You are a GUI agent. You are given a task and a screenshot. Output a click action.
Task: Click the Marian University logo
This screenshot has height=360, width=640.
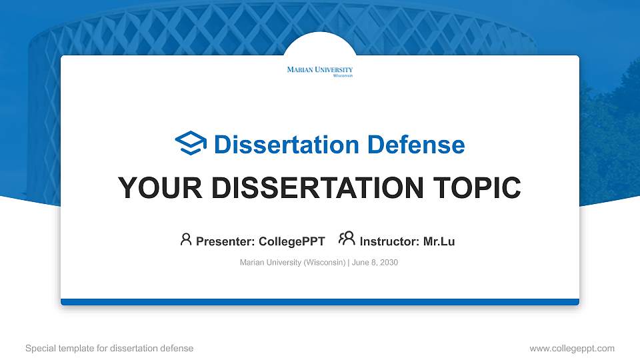(319, 71)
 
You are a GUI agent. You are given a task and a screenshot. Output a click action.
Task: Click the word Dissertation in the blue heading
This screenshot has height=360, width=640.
(277, 145)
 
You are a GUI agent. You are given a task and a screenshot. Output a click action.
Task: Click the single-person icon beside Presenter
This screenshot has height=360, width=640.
(186, 239)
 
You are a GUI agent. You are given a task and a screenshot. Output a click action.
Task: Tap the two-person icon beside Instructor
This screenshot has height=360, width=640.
(347, 239)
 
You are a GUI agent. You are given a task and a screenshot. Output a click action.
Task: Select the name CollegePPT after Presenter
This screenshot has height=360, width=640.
(292, 241)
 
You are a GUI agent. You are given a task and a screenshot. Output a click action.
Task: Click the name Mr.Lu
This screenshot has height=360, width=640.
(439, 241)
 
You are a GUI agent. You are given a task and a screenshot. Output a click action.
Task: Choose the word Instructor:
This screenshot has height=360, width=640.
(389, 241)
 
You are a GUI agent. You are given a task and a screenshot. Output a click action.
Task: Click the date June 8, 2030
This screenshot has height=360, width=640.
(375, 263)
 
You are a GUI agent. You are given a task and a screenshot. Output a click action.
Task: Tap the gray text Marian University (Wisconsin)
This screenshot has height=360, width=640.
(292, 263)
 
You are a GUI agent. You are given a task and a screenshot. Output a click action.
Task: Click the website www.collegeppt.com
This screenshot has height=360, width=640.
(571, 348)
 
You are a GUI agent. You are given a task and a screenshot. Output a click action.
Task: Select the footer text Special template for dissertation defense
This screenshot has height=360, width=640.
(109, 348)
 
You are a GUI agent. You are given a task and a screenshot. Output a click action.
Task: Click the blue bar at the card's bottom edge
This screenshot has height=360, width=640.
(319, 302)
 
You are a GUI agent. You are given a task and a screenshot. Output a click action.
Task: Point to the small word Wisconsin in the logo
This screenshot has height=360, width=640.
(343, 75)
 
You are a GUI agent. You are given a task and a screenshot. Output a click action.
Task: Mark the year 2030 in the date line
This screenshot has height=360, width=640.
(388, 263)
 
